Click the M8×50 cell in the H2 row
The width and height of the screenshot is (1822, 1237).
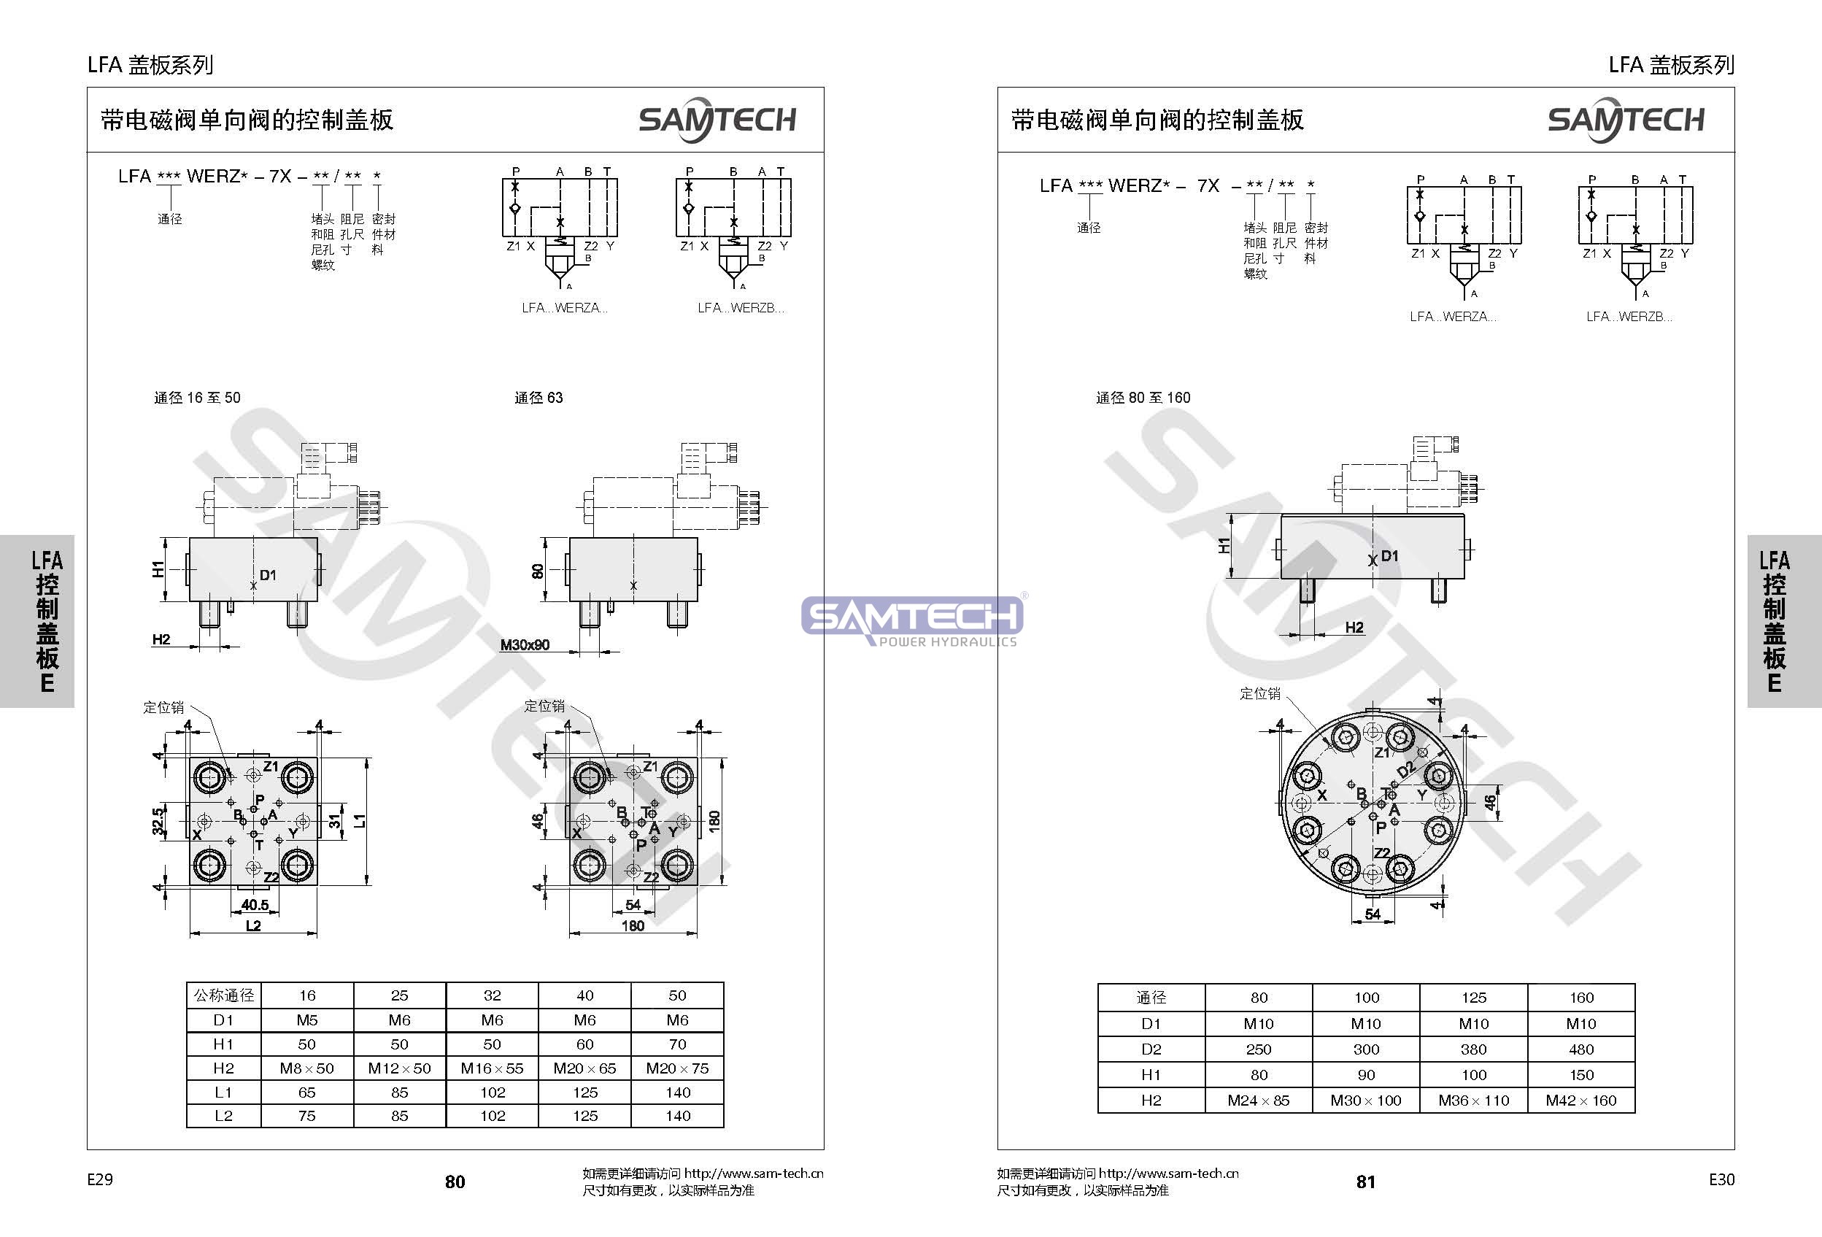click(x=306, y=1068)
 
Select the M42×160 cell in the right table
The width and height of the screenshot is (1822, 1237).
click(x=1580, y=1101)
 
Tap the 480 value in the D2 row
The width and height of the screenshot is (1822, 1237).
click(x=1580, y=1049)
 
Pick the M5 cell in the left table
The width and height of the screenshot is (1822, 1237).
click(x=306, y=1020)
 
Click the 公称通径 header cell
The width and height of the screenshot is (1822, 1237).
click(x=223, y=995)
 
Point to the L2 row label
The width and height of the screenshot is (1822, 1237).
click(x=223, y=1116)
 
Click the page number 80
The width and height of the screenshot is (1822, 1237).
click(x=455, y=1182)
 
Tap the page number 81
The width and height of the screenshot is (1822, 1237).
click(x=1366, y=1182)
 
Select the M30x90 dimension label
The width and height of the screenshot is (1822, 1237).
click(x=525, y=645)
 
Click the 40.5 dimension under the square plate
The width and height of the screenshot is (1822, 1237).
click(x=255, y=905)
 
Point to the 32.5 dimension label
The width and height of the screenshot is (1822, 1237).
click(x=158, y=821)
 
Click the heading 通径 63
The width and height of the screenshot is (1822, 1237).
click(x=539, y=398)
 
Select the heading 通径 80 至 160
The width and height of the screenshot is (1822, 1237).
click(x=1143, y=398)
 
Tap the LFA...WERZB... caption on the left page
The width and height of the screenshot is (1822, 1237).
click(x=741, y=308)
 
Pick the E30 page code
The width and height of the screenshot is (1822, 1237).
click(x=1721, y=1180)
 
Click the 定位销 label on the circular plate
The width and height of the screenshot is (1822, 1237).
click(x=1260, y=694)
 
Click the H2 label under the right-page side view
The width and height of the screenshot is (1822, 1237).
click(x=1354, y=627)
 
